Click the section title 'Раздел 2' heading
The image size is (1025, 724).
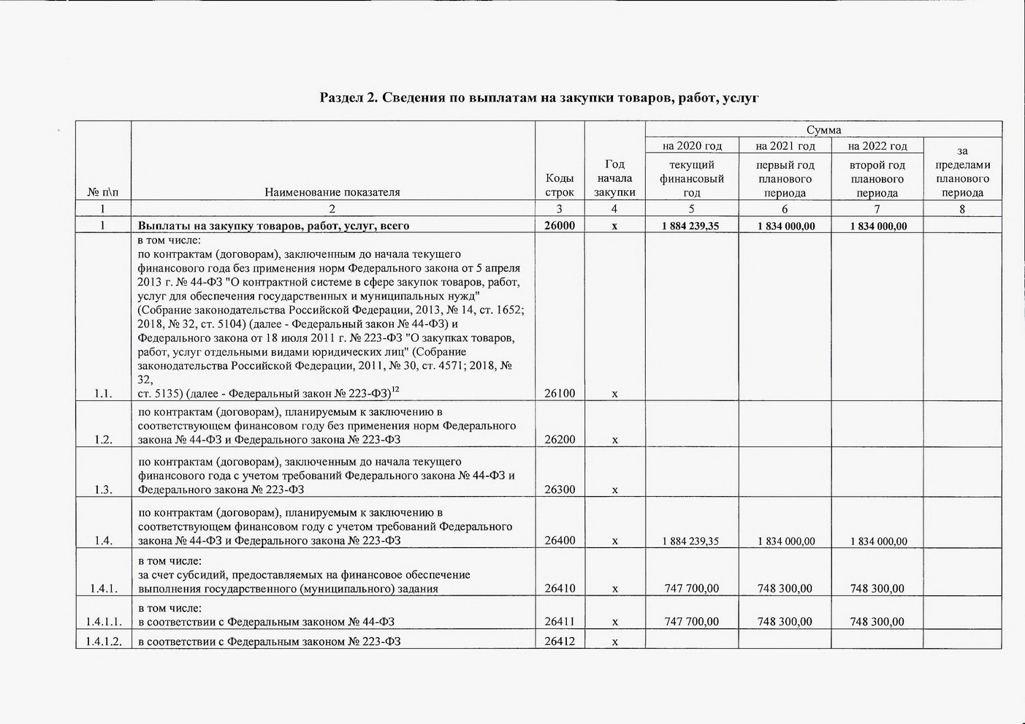(539, 97)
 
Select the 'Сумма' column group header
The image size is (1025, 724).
(823, 129)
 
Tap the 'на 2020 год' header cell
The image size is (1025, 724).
(692, 146)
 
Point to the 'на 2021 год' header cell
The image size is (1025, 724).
(785, 146)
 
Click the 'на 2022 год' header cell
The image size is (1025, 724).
(877, 146)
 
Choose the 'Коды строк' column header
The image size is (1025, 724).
(560, 185)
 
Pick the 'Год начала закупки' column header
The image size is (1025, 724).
(614, 178)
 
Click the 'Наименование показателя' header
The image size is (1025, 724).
(332, 192)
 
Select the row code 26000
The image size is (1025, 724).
(560, 226)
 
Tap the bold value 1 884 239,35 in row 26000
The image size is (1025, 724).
(690, 226)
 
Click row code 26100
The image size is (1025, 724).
(560, 393)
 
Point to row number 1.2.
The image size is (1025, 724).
(103, 440)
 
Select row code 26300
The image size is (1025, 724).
(560, 489)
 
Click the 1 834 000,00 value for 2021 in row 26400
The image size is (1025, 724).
(785, 541)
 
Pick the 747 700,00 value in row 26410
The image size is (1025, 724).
(691, 588)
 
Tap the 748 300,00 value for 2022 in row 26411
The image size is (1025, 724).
(877, 622)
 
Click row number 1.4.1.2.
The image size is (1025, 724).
(103, 641)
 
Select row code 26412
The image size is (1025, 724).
(560, 641)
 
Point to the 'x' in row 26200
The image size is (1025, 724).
(614, 440)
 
